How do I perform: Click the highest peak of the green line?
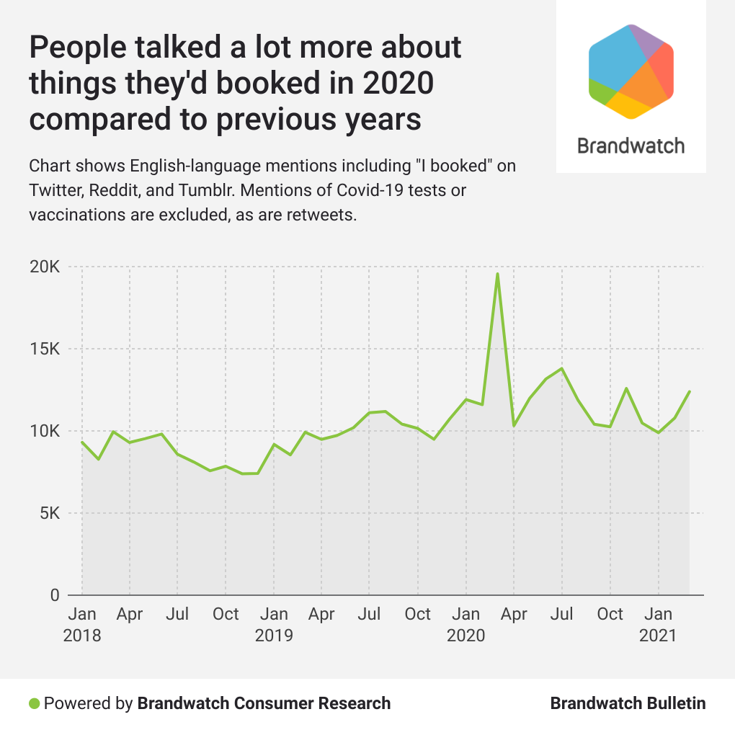point(497,274)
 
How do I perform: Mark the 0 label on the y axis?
point(55,596)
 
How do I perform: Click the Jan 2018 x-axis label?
point(82,625)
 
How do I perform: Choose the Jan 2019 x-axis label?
point(274,625)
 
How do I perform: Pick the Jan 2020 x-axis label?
point(466,625)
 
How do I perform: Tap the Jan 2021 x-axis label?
point(658,625)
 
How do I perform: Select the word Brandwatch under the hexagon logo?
point(631,146)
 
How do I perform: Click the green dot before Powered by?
point(34,703)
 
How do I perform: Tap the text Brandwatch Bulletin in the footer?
point(628,703)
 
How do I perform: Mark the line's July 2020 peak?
point(561,368)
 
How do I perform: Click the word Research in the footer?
point(355,703)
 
